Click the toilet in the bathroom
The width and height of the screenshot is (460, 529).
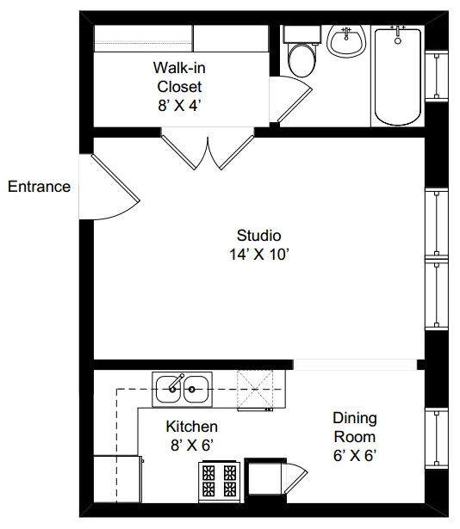(x=301, y=58)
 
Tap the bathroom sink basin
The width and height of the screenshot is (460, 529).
(x=348, y=40)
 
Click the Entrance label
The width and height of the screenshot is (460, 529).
(x=39, y=187)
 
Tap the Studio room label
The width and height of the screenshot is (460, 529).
(x=259, y=236)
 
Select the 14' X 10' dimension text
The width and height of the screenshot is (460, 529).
(x=259, y=254)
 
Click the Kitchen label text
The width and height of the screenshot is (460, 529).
(x=191, y=427)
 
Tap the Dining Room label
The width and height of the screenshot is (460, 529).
(x=355, y=428)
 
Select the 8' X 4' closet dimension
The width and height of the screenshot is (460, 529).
(x=178, y=105)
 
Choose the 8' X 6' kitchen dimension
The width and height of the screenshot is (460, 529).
(x=191, y=445)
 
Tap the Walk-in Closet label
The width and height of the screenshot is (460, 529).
(x=178, y=77)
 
